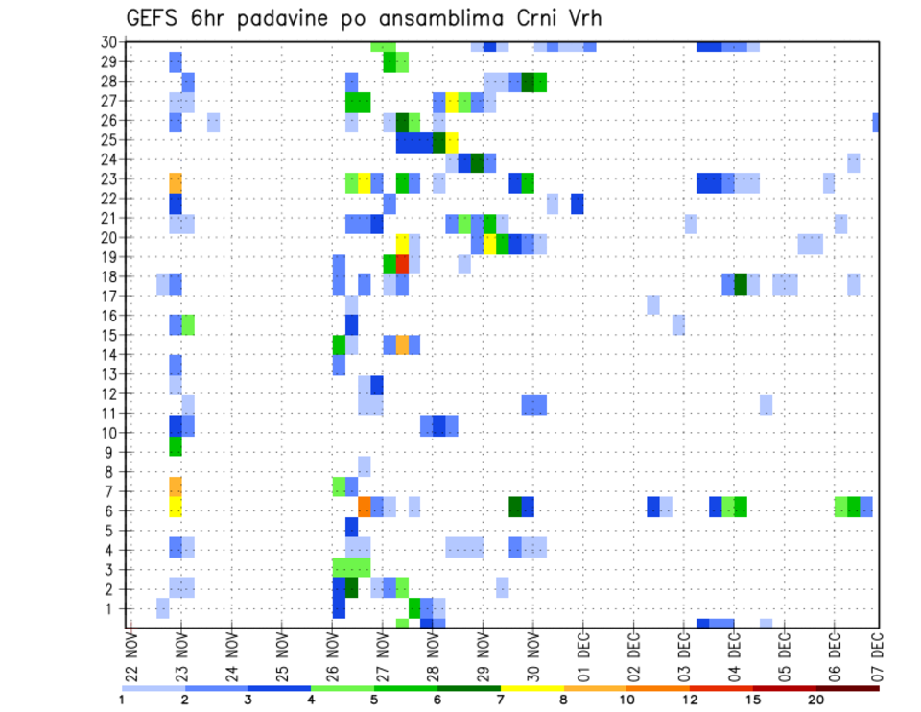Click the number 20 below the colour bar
coord(815,699)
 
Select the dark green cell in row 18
coord(741,284)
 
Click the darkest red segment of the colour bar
coord(847,688)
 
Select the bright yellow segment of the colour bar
coord(531,688)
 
